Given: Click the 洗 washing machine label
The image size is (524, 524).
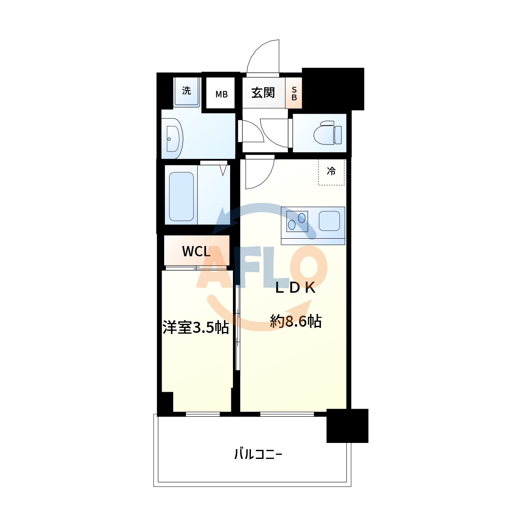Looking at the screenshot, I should (186, 90).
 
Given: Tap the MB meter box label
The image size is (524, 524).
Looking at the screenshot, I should (221, 95).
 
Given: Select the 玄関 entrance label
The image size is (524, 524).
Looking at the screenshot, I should (263, 93).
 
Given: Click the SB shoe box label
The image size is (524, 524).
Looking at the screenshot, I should (294, 94).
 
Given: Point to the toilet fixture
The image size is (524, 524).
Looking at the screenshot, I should (327, 133).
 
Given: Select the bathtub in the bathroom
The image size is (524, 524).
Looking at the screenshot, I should (181, 196).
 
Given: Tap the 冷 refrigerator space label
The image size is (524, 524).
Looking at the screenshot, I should (331, 171).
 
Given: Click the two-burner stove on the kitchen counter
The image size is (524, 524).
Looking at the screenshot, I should (297, 221).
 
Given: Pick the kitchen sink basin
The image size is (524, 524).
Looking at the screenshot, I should (329, 221).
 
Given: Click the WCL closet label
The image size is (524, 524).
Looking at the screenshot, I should (196, 251).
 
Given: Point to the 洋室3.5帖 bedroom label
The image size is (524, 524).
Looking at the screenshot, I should (196, 327).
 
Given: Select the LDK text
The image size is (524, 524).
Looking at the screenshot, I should (295, 288).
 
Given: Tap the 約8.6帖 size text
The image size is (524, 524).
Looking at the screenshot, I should (296, 321).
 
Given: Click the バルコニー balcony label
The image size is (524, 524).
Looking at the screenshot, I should (258, 454).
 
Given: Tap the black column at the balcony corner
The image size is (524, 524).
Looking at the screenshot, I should (347, 426).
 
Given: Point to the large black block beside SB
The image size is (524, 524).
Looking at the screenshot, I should (333, 88).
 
